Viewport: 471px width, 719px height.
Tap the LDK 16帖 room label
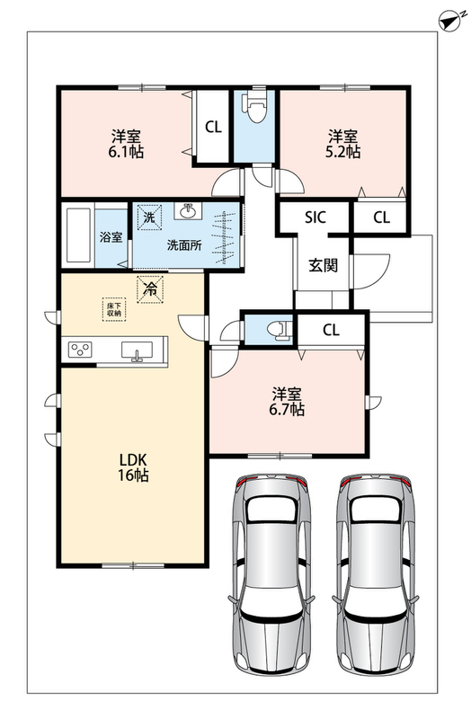coord(133,467)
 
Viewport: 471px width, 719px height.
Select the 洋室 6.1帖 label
coord(126,144)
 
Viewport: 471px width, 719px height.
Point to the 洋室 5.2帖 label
coord(342,144)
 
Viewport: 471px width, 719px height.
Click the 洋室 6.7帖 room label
coord(287,402)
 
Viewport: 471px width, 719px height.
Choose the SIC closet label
coord(315,217)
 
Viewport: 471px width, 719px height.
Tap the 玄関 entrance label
coord(324,265)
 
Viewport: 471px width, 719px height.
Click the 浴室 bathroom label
coord(111,237)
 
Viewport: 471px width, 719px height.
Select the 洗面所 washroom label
coord(184,244)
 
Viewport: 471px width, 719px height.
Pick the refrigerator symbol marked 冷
coord(149,289)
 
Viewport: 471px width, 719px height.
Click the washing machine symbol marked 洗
coord(149,217)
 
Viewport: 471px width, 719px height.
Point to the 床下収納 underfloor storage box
coord(114,309)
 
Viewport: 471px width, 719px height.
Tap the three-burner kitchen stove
coord(80,350)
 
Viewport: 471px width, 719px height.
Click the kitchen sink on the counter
coord(137,351)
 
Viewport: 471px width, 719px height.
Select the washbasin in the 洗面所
coord(188,211)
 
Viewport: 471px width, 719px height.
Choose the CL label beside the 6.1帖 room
coord(213,127)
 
